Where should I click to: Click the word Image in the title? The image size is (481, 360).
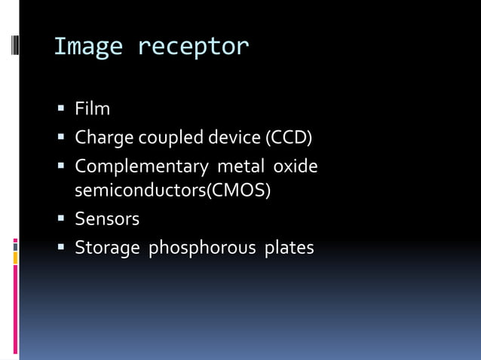88,47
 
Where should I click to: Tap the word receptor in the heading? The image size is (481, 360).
193,47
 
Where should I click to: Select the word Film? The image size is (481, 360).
92,109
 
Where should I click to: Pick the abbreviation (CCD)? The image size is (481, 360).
287,138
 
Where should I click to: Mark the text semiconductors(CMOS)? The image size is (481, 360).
173,190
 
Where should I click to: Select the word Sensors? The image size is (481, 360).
107,218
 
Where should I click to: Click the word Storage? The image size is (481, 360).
106,247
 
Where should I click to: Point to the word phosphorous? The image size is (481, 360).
201,247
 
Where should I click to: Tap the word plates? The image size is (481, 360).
289,247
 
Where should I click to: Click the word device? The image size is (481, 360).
232,138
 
